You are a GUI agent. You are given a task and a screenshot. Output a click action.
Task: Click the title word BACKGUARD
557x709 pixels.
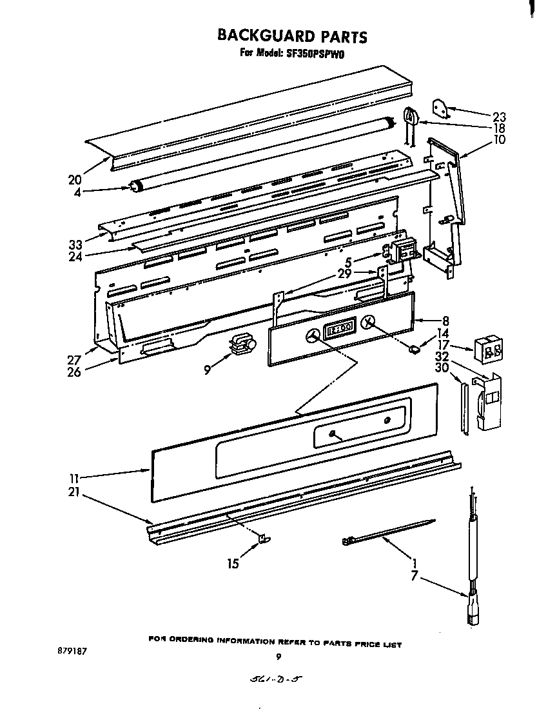tap(260, 35)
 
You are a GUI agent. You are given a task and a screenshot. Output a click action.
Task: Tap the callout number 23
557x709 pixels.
tap(499, 117)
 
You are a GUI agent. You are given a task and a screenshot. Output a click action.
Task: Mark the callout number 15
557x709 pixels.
tap(233, 563)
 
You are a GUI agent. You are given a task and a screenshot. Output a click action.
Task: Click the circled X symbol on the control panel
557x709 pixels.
tap(368, 323)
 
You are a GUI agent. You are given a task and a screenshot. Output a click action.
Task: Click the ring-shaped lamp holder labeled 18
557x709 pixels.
tap(411, 117)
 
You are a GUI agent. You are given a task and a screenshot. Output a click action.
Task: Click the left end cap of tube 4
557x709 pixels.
tap(135, 188)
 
